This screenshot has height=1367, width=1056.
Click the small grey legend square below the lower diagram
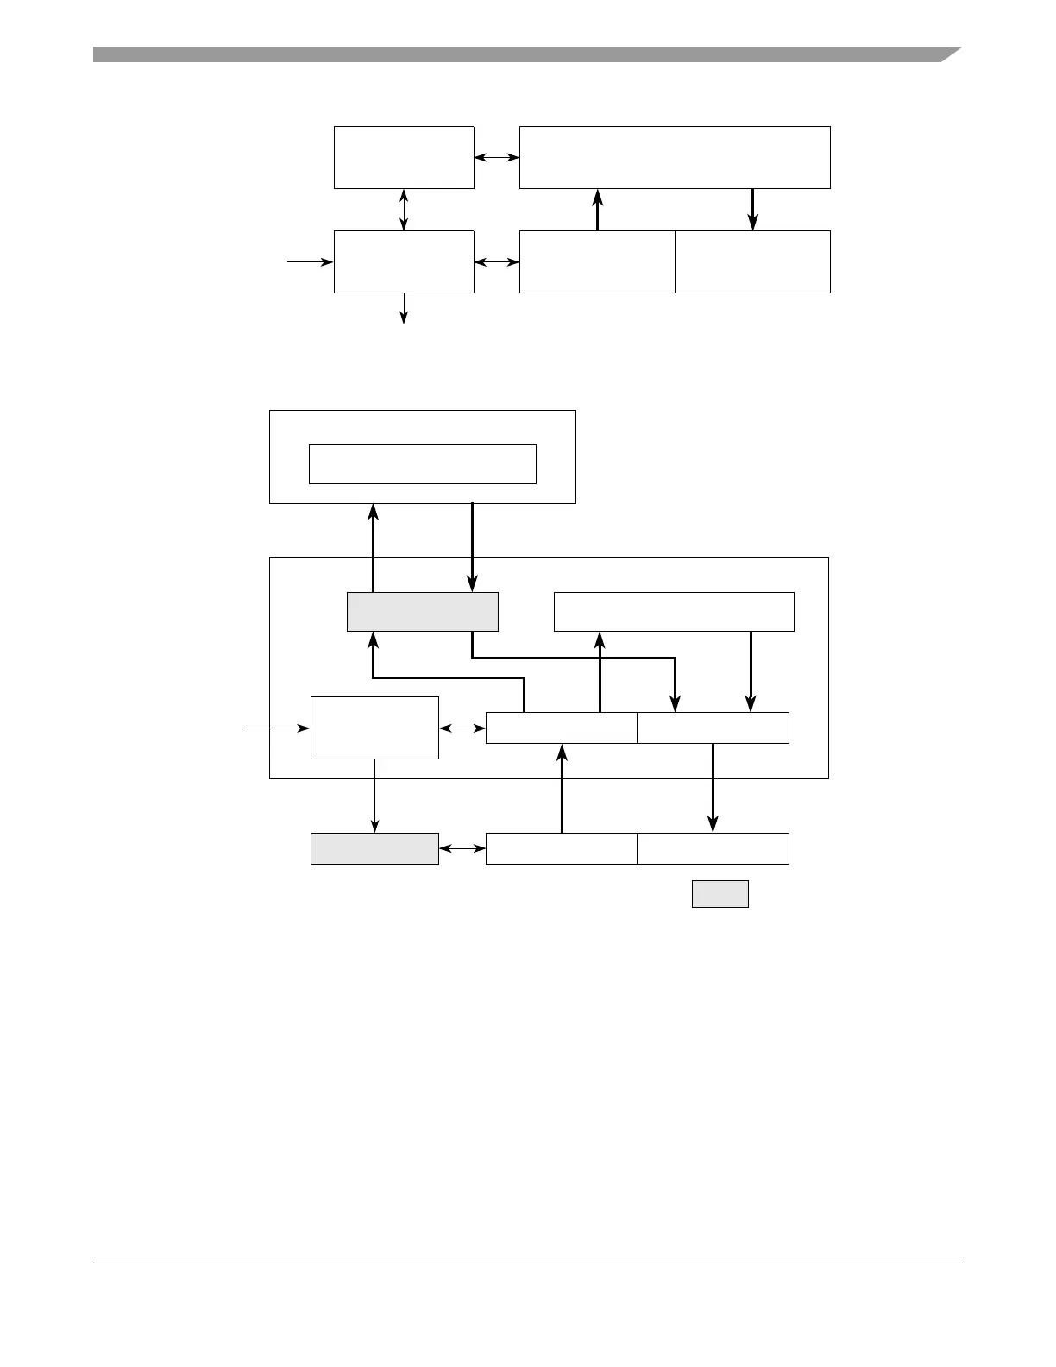point(720,894)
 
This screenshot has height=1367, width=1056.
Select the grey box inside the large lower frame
point(423,612)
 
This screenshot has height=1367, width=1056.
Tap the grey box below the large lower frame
point(374,848)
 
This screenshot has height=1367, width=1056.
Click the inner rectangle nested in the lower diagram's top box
point(423,464)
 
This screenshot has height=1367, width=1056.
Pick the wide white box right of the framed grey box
point(673,612)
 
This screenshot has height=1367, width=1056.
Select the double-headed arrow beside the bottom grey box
point(462,848)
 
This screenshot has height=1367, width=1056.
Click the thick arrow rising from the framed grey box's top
point(373,548)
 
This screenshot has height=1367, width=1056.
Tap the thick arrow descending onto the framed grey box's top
point(472,548)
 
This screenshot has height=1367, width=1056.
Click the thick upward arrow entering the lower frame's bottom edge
point(562,787)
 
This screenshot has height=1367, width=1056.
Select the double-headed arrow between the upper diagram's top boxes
point(497,157)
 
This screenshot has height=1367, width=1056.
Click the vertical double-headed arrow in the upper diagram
point(404,210)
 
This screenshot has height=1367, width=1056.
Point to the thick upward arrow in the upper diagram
point(597,210)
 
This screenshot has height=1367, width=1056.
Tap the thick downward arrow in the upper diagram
point(752,210)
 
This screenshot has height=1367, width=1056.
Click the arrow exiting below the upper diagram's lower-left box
point(404,308)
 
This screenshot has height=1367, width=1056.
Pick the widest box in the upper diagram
point(675,157)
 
